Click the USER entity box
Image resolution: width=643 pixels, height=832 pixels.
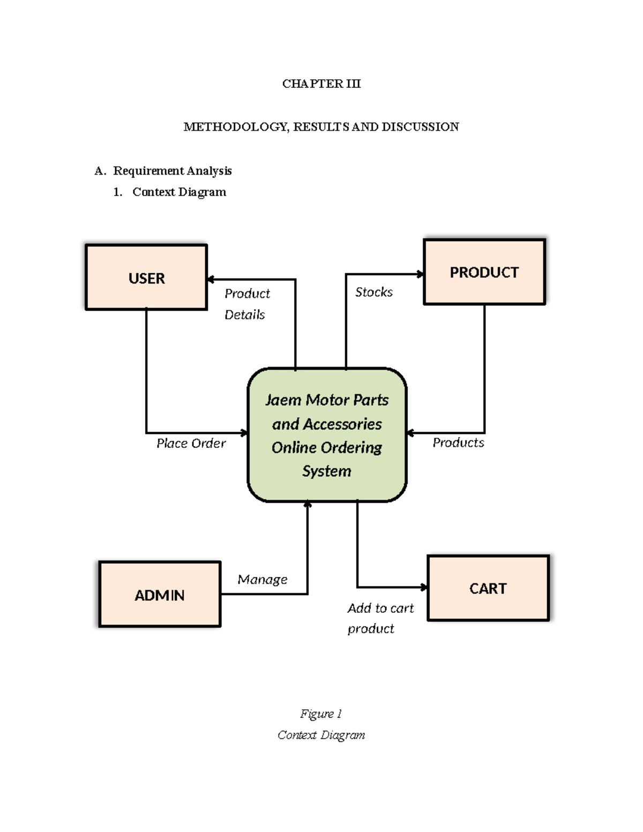click(x=146, y=277)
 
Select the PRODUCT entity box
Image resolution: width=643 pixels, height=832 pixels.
click(x=484, y=272)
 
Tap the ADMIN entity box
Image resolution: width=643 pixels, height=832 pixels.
click(x=160, y=594)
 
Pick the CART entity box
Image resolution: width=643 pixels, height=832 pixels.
click(x=488, y=588)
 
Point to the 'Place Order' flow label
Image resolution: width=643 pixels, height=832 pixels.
click(x=191, y=443)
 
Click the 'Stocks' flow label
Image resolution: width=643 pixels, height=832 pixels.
click(x=373, y=292)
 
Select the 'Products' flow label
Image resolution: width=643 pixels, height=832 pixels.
click(x=458, y=443)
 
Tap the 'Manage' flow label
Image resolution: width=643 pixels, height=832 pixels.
click(x=262, y=579)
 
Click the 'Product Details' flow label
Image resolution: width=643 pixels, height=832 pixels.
click(x=246, y=304)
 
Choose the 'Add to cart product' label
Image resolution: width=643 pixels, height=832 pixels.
click(x=380, y=618)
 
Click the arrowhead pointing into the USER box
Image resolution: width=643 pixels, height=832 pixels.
click(x=211, y=279)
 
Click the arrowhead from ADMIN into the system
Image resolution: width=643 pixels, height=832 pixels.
click(x=308, y=505)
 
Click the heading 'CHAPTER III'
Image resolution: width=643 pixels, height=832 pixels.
click(x=322, y=84)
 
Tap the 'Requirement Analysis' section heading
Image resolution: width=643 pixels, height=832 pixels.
click(x=172, y=171)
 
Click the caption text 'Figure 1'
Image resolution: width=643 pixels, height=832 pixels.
click(x=321, y=714)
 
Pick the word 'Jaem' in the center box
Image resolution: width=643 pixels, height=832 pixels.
click(x=283, y=400)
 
